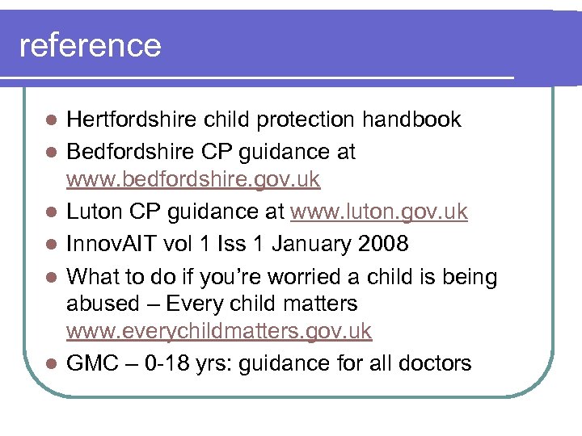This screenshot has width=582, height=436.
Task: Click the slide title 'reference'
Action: click(90, 45)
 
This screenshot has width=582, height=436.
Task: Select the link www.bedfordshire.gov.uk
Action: click(193, 179)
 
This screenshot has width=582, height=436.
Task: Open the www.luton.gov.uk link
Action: click(378, 211)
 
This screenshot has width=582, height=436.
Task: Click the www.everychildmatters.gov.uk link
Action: click(219, 331)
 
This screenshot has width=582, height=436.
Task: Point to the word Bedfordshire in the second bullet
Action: click(125, 152)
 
